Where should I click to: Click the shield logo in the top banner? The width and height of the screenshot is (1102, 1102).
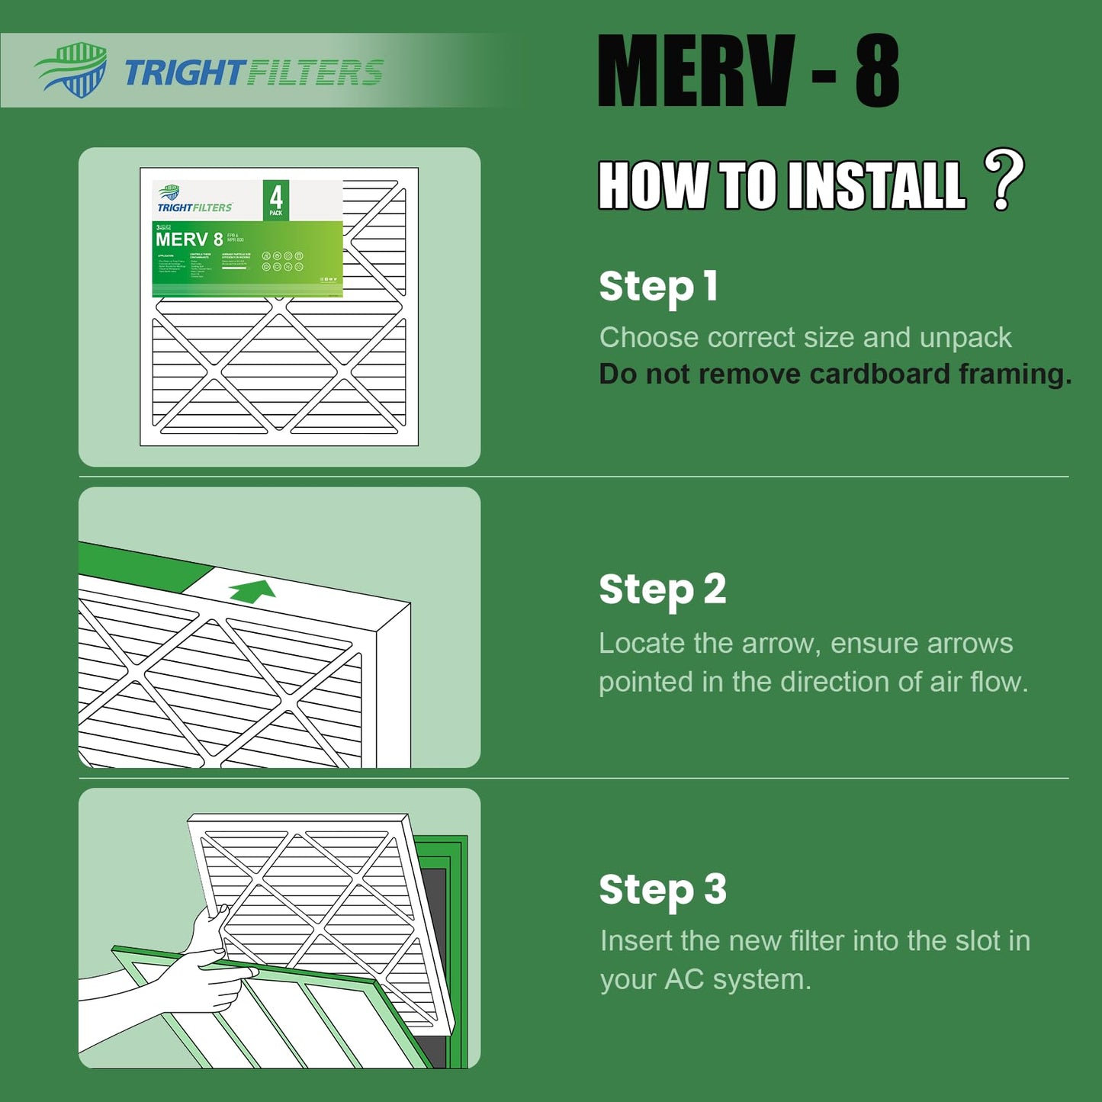click(72, 70)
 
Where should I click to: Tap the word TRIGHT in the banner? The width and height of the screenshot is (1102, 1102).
click(183, 73)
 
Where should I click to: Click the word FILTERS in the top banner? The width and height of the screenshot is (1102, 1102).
click(315, 73)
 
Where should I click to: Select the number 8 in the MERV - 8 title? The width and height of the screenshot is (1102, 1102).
click(876, 72)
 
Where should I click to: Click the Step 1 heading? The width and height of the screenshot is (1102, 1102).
click(658, 287)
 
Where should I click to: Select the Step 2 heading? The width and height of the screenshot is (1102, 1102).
click(662, 590)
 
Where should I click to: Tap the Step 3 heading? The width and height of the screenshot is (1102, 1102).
click(662, 890)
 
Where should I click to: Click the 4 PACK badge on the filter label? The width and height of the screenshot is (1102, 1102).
click(275, 200)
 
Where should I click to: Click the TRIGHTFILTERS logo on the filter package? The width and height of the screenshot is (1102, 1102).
click(194, 201)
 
